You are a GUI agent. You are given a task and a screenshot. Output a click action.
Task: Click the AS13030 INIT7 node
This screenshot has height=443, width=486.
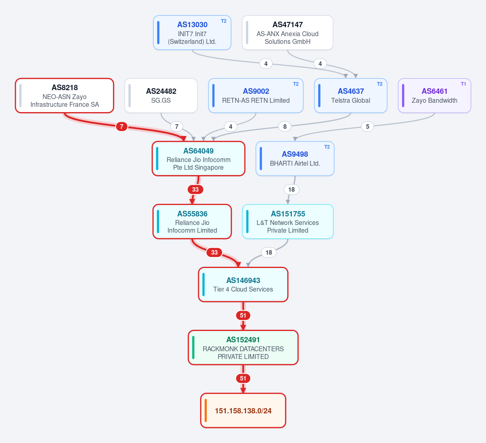tap(192, 32)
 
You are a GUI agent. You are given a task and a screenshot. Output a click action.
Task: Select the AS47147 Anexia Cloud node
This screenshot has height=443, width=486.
tap(287, 32)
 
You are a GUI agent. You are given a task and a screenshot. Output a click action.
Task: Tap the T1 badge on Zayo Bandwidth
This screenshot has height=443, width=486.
tap(463, 84)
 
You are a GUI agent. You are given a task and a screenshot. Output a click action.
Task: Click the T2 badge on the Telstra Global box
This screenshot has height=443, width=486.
tap(380, 84)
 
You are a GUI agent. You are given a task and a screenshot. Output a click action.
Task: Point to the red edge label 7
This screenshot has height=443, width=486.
tap(122, 126)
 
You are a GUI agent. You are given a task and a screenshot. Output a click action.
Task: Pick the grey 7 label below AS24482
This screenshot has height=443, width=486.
tap(177, 126)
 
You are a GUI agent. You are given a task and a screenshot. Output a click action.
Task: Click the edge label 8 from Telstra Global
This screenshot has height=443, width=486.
tap(285, 126)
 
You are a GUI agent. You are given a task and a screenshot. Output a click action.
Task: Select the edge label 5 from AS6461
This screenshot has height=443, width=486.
tap(368, 126)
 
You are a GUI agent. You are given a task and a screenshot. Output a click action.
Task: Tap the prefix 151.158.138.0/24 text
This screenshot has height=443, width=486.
tap(243, 411)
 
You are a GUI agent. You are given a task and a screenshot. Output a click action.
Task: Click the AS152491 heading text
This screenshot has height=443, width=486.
tap(243, 339)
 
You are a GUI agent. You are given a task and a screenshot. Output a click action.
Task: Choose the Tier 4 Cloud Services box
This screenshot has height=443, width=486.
tap(243, 284)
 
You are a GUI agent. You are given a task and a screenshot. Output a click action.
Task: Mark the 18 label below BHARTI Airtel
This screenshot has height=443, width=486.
tap(291, 189)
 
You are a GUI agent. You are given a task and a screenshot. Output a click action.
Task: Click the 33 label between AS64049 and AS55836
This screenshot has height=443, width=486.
tap(195, 189)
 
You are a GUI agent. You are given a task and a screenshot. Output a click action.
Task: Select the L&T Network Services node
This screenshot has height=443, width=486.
tap(288, 221)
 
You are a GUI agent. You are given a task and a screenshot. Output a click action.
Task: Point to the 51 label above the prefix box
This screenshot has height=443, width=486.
tap(243, 378)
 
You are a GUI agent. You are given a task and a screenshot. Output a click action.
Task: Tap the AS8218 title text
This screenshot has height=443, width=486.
tap(64, 88)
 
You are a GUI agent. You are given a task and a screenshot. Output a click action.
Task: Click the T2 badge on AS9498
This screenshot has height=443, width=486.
tap(327, 147)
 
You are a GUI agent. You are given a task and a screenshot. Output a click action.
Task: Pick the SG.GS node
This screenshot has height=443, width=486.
tap(161, 95)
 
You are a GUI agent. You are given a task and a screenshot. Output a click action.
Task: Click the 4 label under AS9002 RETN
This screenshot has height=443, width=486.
tap(230, 126)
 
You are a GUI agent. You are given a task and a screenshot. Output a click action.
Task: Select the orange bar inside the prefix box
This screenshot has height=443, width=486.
tap(206, 411)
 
